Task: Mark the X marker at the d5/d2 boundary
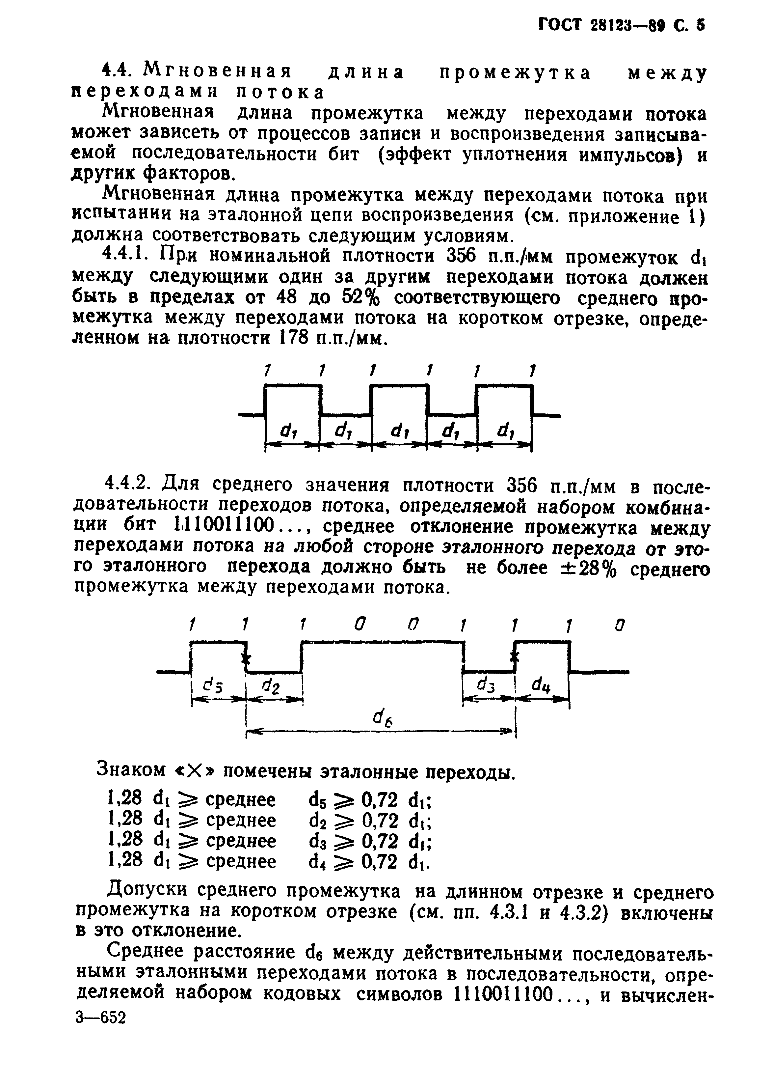(246, 659)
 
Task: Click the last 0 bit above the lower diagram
(619, 625)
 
